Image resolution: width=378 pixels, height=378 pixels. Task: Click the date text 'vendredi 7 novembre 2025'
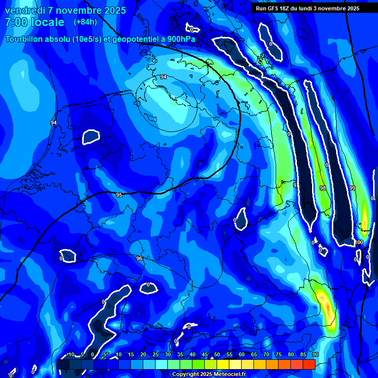pos(65,10)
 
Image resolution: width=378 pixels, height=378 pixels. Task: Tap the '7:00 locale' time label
pos(34,22)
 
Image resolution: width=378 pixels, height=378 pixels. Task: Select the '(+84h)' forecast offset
pos(85,22)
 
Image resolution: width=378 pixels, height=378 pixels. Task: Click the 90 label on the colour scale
pos(315,355)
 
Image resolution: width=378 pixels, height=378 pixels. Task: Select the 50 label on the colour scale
pos(217,355)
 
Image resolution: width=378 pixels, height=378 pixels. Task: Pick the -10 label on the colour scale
pos(70,355)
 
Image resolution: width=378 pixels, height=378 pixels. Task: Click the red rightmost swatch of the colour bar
pos(309,364)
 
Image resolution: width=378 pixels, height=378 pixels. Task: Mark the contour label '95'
pos(119,195)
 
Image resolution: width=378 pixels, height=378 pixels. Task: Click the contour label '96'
pos(139,258)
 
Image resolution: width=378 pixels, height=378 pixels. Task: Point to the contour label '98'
pos(322,188)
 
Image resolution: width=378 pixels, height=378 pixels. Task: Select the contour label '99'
pos(352,188)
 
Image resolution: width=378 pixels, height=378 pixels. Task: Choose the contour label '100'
pos(359,242)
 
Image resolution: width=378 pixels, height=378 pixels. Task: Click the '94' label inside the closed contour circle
pos(163,77)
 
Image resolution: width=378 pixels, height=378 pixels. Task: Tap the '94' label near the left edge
pos(54,123)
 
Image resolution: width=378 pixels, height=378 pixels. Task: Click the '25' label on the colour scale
pos(156,355)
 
